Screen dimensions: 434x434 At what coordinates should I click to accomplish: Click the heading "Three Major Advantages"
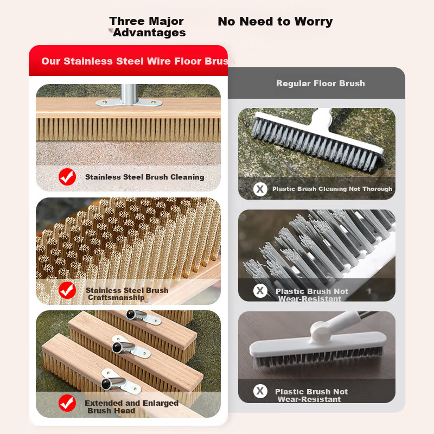coord(148,27)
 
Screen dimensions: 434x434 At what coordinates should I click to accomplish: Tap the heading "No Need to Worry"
coord(275,21)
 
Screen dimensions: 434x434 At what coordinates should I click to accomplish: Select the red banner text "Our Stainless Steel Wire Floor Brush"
coord(138,61)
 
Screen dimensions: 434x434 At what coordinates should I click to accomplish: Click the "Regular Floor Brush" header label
coord(321,84)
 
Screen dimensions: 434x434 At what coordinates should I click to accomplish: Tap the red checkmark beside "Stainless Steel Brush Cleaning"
coord(67,177)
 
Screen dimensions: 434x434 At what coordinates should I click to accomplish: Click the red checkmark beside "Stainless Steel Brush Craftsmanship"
coord(67,290)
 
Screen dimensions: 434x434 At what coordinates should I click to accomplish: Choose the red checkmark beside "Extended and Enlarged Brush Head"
coord(67,403)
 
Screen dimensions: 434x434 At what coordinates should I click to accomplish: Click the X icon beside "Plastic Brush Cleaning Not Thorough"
coord(260,189)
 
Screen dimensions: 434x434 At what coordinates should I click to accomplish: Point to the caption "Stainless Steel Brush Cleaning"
coord(145,177)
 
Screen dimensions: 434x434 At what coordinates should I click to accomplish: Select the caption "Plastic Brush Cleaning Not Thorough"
coord(332,189)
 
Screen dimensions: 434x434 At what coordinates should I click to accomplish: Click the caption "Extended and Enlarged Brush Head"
coord(131,407)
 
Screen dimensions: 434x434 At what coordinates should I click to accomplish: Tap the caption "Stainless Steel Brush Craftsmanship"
coord(127,293)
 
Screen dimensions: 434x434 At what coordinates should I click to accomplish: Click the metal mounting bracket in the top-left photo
coord(129,103)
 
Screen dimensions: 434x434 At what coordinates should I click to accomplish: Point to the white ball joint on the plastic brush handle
coord(320,330)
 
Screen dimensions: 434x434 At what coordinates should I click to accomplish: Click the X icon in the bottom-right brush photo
coord(260,391)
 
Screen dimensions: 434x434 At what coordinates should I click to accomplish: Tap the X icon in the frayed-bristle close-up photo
coord(260,291)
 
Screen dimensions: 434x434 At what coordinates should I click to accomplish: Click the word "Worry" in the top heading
coord(314,22)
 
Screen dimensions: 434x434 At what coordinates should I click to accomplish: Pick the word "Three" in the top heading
coord(127,21)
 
